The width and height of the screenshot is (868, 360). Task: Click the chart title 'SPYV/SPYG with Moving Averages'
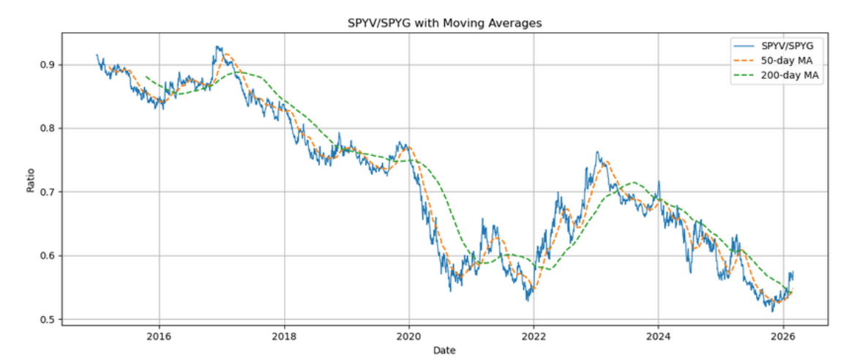point(444,23)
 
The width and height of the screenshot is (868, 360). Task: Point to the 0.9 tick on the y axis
point(46,65)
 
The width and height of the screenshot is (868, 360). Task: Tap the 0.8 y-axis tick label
point(46,129)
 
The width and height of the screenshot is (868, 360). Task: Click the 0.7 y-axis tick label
point(46,192)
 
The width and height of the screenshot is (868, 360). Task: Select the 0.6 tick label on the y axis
point(46,256)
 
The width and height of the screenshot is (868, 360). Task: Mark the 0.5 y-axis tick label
point(46,320)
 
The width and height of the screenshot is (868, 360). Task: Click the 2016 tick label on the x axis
point(159,337)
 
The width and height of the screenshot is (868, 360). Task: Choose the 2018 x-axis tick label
point(284,337)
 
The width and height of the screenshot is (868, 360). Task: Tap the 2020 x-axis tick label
point(408,337)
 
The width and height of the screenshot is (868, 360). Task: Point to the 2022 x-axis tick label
point(534,337)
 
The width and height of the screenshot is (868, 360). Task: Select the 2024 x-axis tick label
point(658,337)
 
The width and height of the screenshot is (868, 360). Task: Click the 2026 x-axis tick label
point(783,337)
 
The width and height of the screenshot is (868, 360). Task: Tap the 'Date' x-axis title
point(444,350)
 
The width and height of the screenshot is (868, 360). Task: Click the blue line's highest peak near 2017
point(217,47)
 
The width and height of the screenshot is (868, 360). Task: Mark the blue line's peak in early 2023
point(597,152)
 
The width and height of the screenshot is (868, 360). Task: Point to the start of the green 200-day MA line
point(146,76)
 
